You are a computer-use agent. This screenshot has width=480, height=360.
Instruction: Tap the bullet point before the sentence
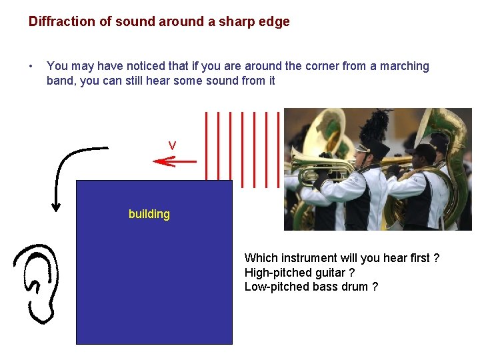(31, 66)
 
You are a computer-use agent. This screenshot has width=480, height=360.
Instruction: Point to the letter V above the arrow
(172, 145)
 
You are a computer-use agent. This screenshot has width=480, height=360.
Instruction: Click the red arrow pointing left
(174, 161)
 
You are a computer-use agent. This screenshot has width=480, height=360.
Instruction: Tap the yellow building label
(149, 214)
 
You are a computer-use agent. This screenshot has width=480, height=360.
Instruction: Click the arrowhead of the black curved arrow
(57, 204)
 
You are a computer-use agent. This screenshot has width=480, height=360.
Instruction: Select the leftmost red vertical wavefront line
(207, 146)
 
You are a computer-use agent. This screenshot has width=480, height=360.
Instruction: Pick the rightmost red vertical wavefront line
(278, 146)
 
